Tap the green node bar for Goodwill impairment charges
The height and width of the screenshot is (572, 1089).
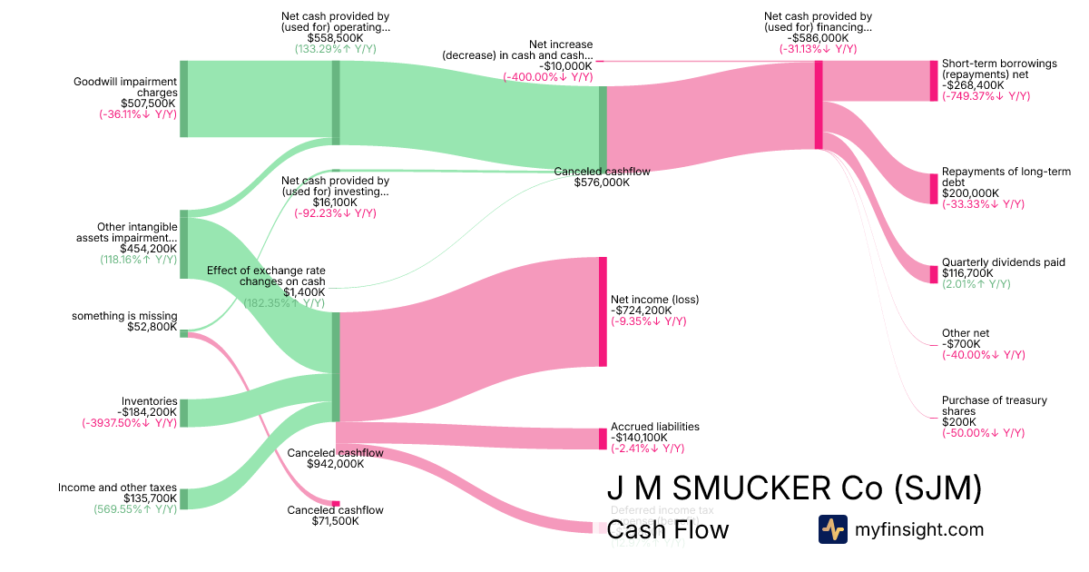(183, 99)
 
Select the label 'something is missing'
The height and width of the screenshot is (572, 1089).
(124, 316)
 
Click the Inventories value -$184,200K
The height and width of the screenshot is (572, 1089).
(147, 411)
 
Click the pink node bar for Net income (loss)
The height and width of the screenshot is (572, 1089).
(603, 311)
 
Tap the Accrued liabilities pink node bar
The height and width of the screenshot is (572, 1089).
(603, 439)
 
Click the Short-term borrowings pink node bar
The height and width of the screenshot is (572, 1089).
(932, 81)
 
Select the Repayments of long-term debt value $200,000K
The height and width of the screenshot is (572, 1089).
(970, 193)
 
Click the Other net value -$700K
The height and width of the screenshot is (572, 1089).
(960, 343)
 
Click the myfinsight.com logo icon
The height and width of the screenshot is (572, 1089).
(832, 529)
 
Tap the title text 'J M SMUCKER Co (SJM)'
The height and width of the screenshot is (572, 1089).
(794, 489)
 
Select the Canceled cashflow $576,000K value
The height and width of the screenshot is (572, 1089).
(602, 182)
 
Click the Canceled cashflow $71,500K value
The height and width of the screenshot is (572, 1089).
(335, 521)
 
